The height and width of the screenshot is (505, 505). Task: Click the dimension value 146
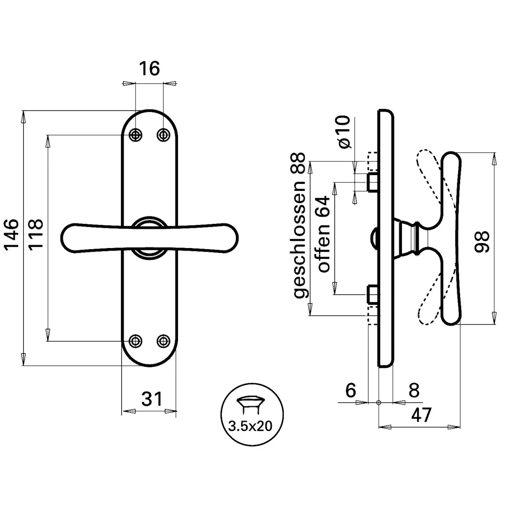pos(11,234)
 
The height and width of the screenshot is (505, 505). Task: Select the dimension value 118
pos(36,234)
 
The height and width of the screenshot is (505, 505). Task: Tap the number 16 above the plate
pos(149,68)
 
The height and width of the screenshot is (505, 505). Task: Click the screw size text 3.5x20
pos(250,426)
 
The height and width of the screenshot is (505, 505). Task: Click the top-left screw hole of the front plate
pos(136,135)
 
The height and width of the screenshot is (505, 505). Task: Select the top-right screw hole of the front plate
pos(163,135)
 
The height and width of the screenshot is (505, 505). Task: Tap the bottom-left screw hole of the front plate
pos(136,341)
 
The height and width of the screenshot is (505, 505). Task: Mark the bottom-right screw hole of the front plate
pos(163,341)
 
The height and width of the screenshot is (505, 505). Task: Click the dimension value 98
pos(482,242)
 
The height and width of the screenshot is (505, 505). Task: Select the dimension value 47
pos(421,415)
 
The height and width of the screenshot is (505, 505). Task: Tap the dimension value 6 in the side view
pos(351,390)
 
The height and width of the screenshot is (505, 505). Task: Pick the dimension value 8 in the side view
pos(414,390)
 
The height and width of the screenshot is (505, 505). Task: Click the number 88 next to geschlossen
pos(299,163)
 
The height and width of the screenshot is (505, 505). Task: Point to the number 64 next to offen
pos(324,207)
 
